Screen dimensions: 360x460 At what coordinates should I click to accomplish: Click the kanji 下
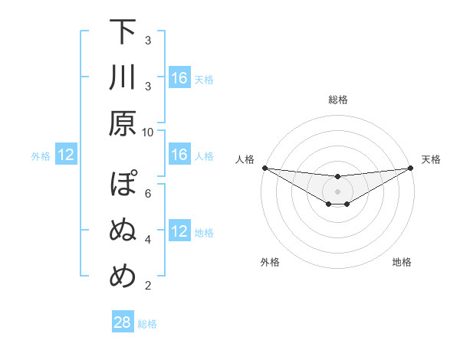tap(123, 32)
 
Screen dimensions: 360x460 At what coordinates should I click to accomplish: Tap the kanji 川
tap(123, 78)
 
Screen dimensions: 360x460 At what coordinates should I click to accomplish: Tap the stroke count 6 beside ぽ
tap(148, 193)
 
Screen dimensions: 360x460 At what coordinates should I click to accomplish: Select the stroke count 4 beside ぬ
tap(148, 240)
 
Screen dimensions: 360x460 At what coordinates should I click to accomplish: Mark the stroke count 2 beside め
tap(148, 286)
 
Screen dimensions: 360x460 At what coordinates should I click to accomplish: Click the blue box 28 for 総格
tap(123, 323)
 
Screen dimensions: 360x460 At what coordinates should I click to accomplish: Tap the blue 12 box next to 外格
tap(66, 155)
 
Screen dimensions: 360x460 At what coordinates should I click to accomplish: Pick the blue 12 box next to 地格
tap(179, 232)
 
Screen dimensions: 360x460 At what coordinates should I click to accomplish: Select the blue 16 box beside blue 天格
tap(179, 78)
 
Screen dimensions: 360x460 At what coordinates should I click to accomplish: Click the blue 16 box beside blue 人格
tap(179, 155)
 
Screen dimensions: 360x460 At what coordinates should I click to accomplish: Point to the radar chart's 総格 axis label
tap(338, 100)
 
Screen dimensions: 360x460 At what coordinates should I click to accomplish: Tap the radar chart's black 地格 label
tap(402, 262)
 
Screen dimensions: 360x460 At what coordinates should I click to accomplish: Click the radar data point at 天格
tap(410, 168)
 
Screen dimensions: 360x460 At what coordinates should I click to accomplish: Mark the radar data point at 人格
tap(264, 168)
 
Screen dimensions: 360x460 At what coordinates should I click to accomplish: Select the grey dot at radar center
tap(337, 191)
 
